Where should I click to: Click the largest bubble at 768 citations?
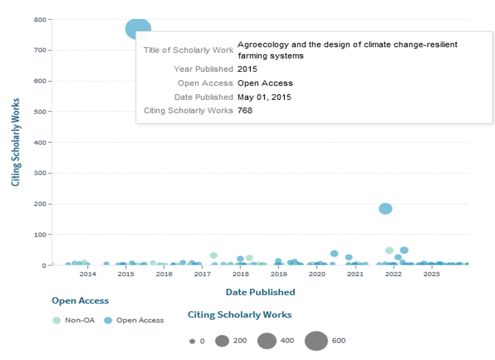point(138,28)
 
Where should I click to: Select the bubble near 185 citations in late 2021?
point(386,209)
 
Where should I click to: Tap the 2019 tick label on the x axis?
point(278,274)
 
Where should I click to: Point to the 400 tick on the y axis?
point(40,142)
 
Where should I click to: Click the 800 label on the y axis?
point(40,19)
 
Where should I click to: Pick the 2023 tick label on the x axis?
point(431,274)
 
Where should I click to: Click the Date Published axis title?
point(260,292)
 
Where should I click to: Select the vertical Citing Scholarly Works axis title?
point(16,142)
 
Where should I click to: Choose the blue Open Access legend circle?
point(108,320)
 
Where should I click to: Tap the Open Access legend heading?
point(80,301)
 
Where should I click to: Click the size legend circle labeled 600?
point(316,341)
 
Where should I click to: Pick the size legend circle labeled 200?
point(222,341)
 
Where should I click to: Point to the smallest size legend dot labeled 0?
point(192,341)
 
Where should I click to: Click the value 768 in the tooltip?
point(245,110)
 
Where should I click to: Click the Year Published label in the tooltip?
point(203,69)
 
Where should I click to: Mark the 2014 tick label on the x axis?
point(88,274)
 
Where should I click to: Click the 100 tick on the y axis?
point(40,234)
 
